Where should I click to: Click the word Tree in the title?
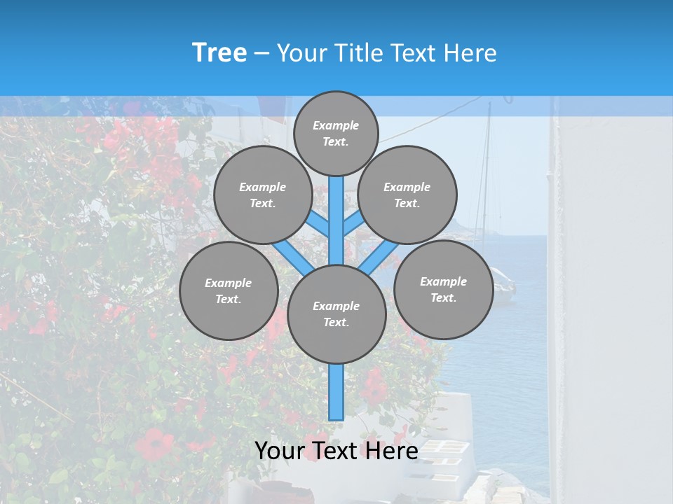pyautogui.click(x=219, y=52)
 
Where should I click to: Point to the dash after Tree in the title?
pyautogui.click(x=261, y=53)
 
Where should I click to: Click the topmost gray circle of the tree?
pyautogui.click(x=336, y=133)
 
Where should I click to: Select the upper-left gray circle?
pyautogui.click(x=263, y=195)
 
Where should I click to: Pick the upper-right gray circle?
pyautogui.click(x=407, y=195)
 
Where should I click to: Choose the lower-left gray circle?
pyautogui.click(x=229, y=290)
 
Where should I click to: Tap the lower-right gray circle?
pyautogui.click(x=443, y=289)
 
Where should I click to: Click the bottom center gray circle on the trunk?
pyautogui.click(x=336, y=314)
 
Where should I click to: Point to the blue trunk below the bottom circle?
pyautogui.click(x=336, y=392)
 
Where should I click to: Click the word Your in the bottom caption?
pyautogui.click(x=278, y=450)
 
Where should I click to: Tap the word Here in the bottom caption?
pyautogui.click(x=392, y=450)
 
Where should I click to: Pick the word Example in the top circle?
pyautogui.click(x=336, y=125)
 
